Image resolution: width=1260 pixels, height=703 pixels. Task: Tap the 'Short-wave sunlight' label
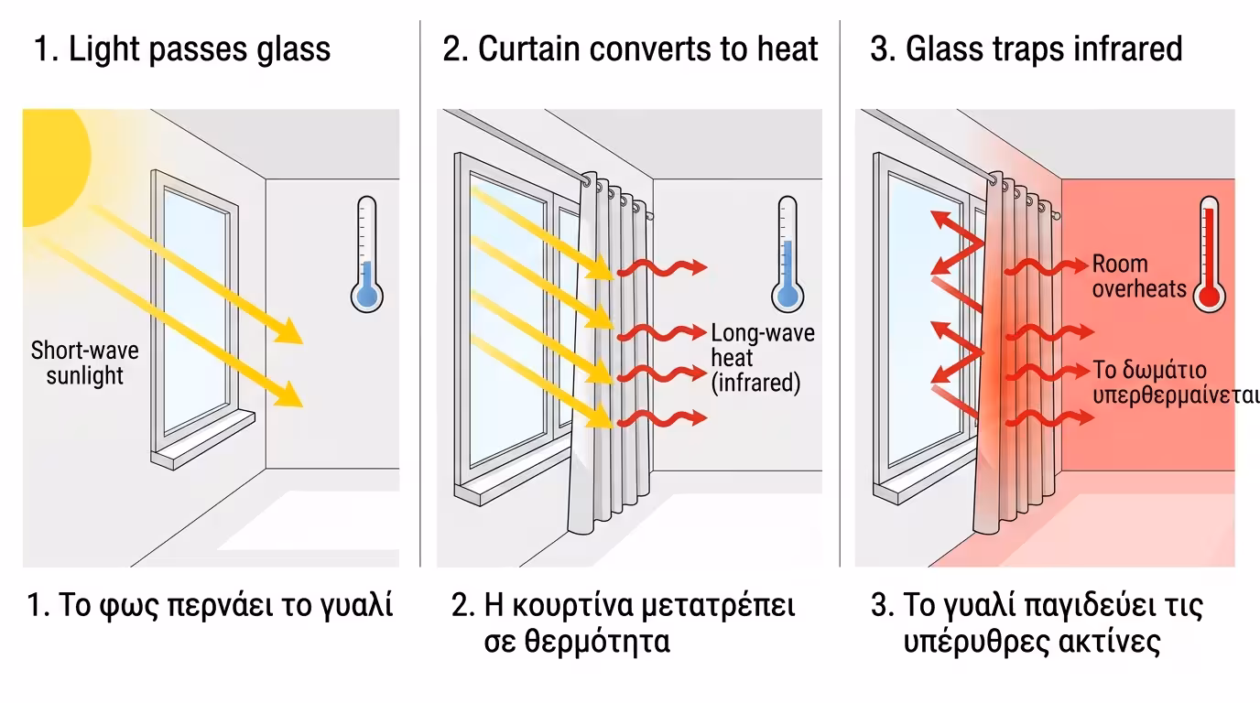click(x=84, y=362)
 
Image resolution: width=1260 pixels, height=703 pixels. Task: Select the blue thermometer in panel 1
click(x=367, y=254)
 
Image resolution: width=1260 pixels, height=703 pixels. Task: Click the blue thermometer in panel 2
click(x=787, y=254)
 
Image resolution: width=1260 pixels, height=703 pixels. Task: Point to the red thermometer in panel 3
click(x=1210, y=254)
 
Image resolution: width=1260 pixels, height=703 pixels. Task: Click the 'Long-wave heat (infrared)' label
click(x=763, y=358)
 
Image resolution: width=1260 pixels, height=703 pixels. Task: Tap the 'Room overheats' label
click(x=1138, y=276)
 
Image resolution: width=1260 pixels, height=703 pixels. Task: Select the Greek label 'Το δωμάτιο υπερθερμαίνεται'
click(x=1176, y=383)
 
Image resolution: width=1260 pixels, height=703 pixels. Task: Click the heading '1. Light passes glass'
click(x=182, y=49)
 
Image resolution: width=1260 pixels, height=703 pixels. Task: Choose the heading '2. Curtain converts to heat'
click(x=630, y=49)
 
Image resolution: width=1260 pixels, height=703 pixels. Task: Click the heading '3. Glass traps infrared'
click(x=1026, y=49)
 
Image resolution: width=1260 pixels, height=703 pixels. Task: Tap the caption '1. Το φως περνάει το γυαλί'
click(x=210, y=606)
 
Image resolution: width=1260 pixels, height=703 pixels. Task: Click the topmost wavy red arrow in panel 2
click(x=662, y=267)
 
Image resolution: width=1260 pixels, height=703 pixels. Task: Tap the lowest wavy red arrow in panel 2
click(x=662, y=418)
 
